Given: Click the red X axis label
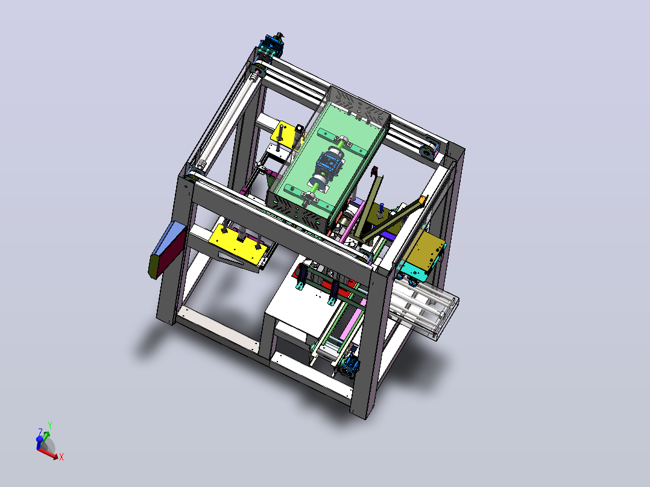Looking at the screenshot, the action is (62, 457).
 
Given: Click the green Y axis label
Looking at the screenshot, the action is (49, 426).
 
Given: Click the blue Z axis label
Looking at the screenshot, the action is (40, 432).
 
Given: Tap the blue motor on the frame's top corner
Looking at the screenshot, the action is (273, 44).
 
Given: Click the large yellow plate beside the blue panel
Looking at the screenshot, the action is (237, 242).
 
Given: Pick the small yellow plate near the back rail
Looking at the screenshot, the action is (284, 132).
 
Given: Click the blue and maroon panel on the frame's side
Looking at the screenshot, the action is (166, 250).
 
